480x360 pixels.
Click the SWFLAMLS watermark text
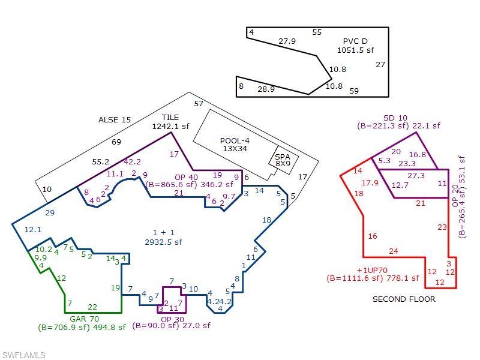tap(23, 355)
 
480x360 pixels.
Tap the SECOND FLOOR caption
tap(404, 299)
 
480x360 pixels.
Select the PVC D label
tap(355, 41)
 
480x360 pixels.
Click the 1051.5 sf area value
tap(355, 50)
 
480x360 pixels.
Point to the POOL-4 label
tap(235, 141)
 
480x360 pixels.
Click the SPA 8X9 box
tap(283, 160)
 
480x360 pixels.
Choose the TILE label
tap(170, 117)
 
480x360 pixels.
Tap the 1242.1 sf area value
tap(171, 126)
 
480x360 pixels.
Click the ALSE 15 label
tap(115, 119)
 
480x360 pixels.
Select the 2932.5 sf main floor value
tap(163, 242)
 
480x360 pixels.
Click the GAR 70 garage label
tap(84, 319)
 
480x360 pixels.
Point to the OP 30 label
tap(172, 320)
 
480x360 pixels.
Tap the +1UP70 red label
tap(372, 271)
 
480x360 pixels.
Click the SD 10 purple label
tap(395, 118)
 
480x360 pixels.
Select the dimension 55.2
tap(100, 161)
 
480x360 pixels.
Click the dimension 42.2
tap(132, 161)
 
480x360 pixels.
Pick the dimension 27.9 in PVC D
tap(287, 41)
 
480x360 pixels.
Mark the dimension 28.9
tap(266, 89)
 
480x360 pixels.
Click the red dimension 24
tap(394, 251)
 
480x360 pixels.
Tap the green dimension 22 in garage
tap(92, 307)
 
